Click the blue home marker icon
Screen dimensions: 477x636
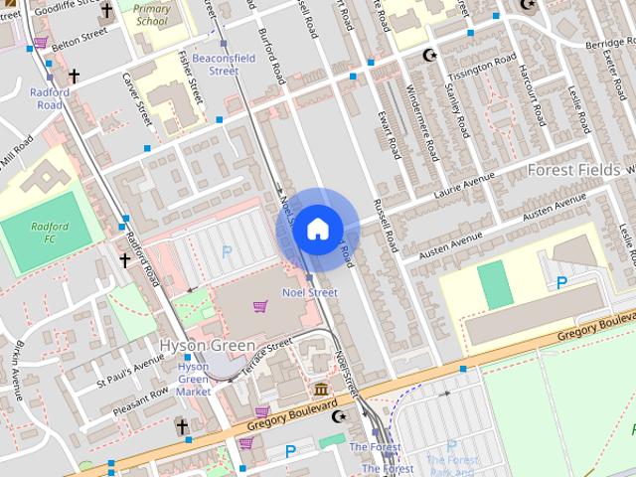316,229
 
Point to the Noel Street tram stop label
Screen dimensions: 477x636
310,292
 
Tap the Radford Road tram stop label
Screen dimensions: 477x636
50,98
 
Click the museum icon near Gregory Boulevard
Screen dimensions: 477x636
321,389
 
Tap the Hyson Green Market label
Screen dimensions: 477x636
194,379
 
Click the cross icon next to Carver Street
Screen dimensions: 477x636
74,76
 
